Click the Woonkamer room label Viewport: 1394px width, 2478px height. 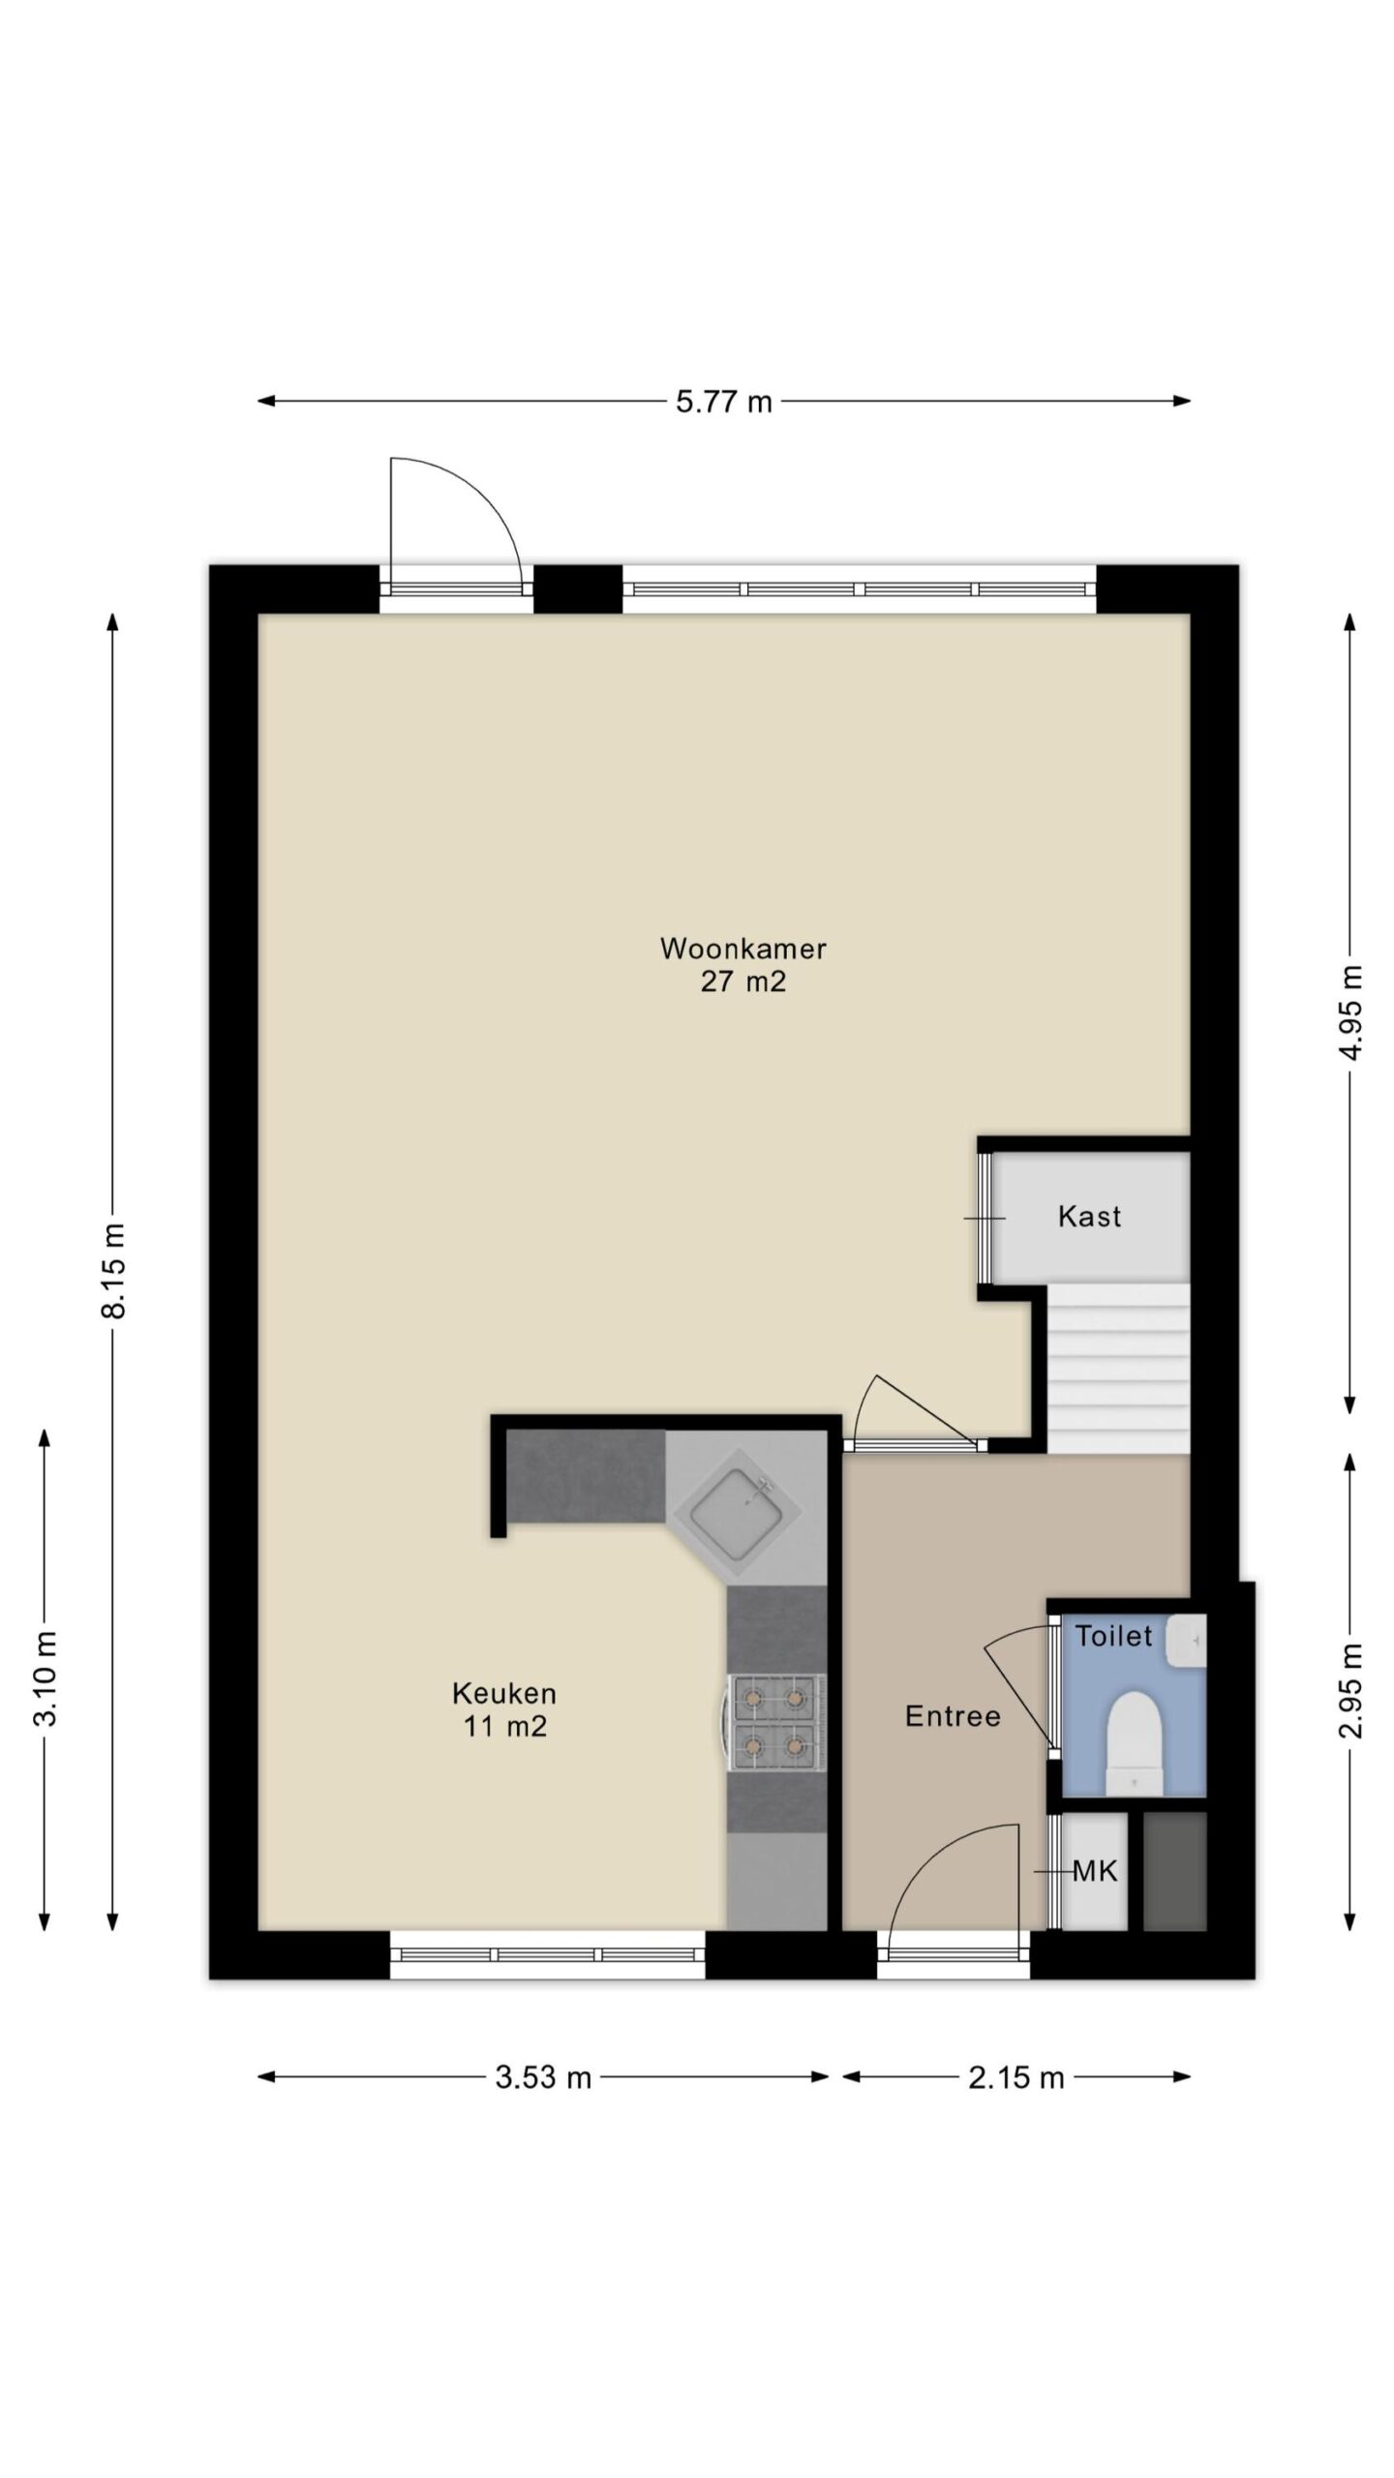pos(742,948)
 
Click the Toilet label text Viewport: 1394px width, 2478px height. pos(1114,1636)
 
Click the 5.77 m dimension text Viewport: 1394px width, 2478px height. pos(724,402)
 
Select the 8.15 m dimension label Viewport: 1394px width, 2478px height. pos(114,1270)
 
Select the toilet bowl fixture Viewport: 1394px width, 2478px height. pos(1134,1742)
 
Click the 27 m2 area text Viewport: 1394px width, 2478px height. pos(742,982)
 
